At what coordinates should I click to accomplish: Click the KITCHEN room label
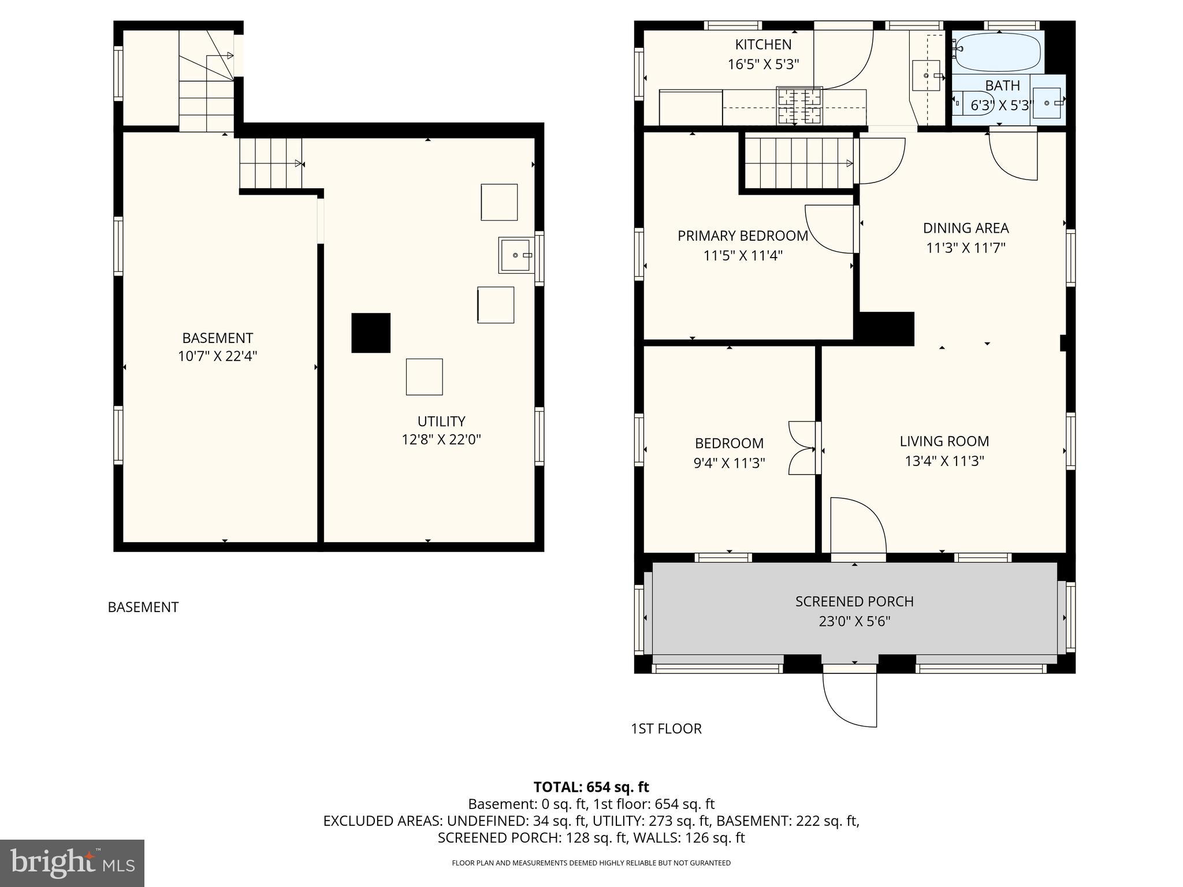pos(762,44)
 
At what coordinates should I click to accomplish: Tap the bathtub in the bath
pos(998,52)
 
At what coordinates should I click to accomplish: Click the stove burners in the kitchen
pos(799,106)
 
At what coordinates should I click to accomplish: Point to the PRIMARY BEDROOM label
pos(742,236)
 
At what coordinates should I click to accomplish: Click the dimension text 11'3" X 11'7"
pos(966,248)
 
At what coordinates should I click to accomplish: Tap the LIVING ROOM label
pos(944,441)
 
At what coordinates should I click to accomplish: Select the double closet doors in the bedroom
pos(802,448)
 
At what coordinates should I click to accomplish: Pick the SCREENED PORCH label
pos(854,601)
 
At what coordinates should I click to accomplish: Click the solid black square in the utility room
pos(371,333)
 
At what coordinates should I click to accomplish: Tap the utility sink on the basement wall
pos(516,255)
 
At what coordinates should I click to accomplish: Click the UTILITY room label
pos(441,421)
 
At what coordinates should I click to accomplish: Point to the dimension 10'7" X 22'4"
pos(217,356)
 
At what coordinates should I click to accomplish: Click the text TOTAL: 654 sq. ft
pos(591,787)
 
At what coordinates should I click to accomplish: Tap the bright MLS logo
pos(72,863)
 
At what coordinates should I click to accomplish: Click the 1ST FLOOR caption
pos(666,729)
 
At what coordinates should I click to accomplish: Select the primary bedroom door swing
pos(829,229)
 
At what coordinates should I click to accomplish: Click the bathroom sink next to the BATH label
pos(1047,103)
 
